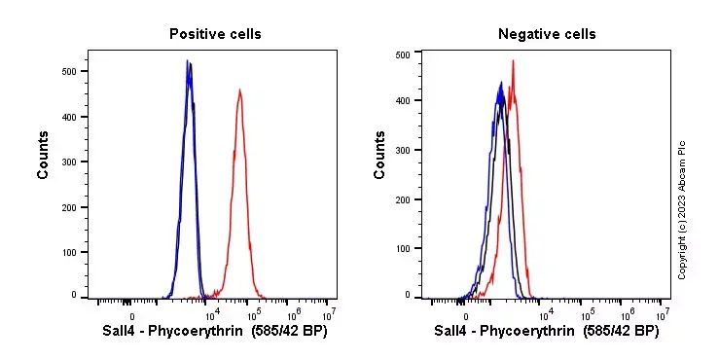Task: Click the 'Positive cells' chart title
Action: click(x=215, y=34)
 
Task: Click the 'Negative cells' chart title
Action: click(x=547, y=34)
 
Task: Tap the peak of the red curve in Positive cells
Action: click(x=239, y=90)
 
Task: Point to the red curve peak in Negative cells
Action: click(x=513, y=61)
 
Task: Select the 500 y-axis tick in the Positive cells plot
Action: click(x=69, y=71)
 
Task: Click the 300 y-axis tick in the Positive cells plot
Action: click(x=69, y=162)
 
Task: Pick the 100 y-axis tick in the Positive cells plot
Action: click(x=69, y=252)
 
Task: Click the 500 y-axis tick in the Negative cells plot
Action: click(x=403, y=55)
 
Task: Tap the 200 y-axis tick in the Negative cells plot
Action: click(x=403, y=199)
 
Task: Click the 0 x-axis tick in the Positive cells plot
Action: click(x=131, y=314)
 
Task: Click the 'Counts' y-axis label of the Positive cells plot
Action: click(x=44, y=156)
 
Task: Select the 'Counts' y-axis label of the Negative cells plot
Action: click(x=379, y=156)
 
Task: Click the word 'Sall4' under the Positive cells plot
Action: click(x=120, y=332)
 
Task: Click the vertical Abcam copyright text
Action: click(x=682, y=209)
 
